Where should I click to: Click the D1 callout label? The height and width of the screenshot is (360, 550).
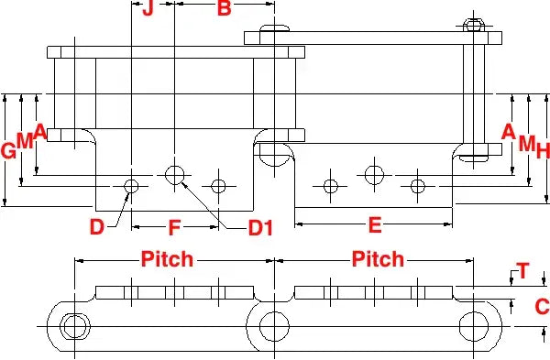coord(261,226)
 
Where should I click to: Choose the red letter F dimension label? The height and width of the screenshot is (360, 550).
coord(174,225)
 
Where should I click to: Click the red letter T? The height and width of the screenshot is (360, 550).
coord(522,270)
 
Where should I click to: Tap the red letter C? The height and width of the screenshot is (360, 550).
coord(541,306)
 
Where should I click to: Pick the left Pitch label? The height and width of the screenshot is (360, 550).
coord(167,259)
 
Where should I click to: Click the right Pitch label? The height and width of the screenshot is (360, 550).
coord(378,259)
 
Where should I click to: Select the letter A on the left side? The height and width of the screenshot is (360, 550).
coord(40,130)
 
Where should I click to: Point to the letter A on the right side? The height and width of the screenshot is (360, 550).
coord(509,130)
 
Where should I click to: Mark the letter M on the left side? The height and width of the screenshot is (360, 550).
coord(25,141)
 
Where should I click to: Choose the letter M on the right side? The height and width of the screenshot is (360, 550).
coord(525,143)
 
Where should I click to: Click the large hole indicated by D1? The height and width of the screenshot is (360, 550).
coord(174,173)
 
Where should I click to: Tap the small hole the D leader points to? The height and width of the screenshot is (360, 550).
coord(131,187)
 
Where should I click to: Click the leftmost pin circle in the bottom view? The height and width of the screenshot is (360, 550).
coord(71,326)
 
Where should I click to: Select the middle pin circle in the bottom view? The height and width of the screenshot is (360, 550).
coord(273,326)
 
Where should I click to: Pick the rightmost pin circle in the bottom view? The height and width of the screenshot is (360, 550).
coord(476,326)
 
